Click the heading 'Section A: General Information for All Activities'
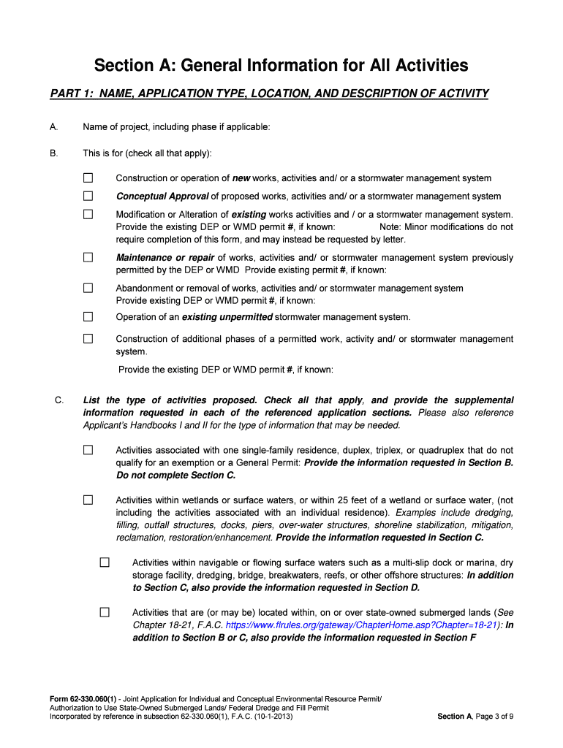(x=281, y=66)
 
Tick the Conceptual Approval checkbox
(x=88, y=196)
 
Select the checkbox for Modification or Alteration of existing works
(x=88, y=214)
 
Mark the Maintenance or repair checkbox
(x=88, y=257)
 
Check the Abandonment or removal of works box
(x=88, y=288)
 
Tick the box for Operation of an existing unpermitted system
(x=88, y=316)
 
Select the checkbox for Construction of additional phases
(x=88, y=339)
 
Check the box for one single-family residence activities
(x=88, y=450)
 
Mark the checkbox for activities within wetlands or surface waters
(x=88, y=500)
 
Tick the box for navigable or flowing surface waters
(x=105, y=562)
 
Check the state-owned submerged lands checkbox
(x=105, y=612)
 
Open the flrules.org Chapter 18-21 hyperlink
(x=362, y=625)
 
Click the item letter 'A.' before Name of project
(x=53, y=127)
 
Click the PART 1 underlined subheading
(x=269, y=93)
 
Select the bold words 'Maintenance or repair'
(x=165, y=258)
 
